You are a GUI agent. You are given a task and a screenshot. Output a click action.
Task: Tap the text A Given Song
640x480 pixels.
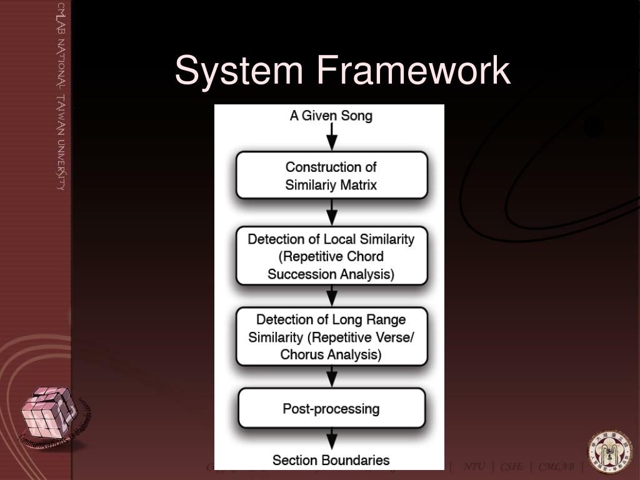[331, 116]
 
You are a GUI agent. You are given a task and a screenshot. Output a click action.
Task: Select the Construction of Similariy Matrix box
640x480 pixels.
[331, 176]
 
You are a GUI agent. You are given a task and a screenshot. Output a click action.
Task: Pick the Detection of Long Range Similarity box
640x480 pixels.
[331, 337]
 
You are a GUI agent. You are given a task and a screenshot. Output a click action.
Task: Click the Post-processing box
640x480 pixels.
[331, 409]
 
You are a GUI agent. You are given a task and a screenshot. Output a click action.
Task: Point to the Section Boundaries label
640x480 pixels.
[331, 461]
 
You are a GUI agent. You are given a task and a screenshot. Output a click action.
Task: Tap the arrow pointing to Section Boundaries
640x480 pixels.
[332, 438]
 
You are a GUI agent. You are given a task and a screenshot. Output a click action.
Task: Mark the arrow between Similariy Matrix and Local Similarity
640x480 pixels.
[332, 214]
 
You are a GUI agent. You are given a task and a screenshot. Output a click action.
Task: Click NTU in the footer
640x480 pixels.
[473, 467]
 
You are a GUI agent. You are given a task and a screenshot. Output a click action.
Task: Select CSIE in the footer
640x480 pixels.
[511, 467]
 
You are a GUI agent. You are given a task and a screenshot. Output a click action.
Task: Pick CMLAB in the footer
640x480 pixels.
[556, 467]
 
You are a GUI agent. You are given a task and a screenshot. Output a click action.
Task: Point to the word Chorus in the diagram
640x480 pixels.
[301, 354]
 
